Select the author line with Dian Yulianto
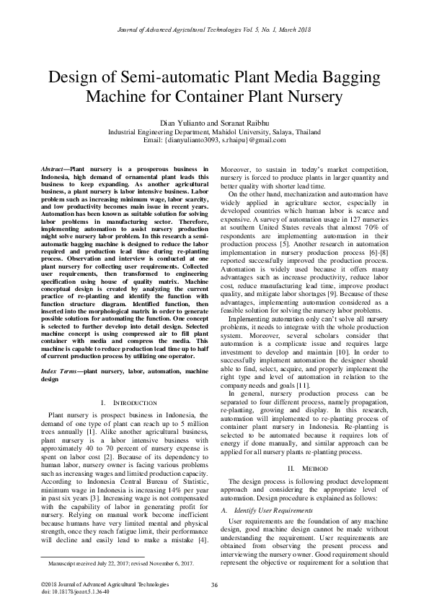214,123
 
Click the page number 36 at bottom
214,584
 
